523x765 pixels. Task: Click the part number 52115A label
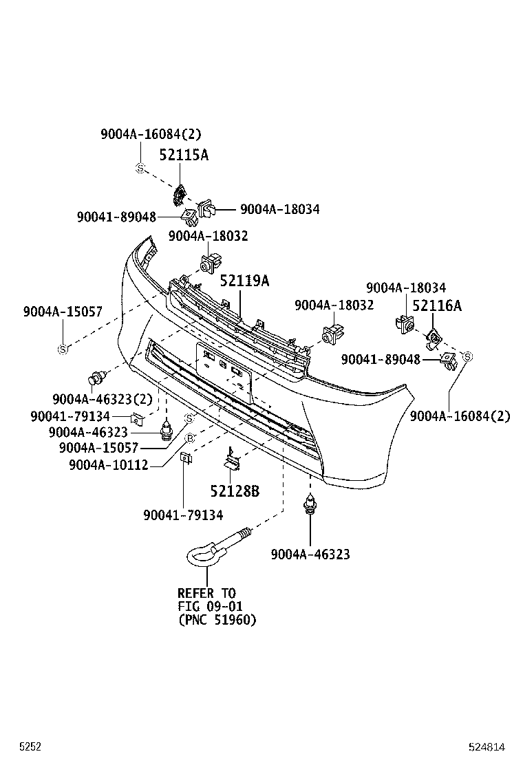click(184, 155)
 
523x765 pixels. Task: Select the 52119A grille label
click(244, 281)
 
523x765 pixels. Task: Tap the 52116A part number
click(437, 306)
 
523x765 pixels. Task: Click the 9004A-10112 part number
click(108, 465)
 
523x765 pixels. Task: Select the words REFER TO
click(206, 593)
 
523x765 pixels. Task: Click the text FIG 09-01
click(210, 606)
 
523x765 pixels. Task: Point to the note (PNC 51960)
click(217, 620)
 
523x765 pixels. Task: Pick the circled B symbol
click(191, 438)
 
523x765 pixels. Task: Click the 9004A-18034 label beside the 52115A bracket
click(279, 209)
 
